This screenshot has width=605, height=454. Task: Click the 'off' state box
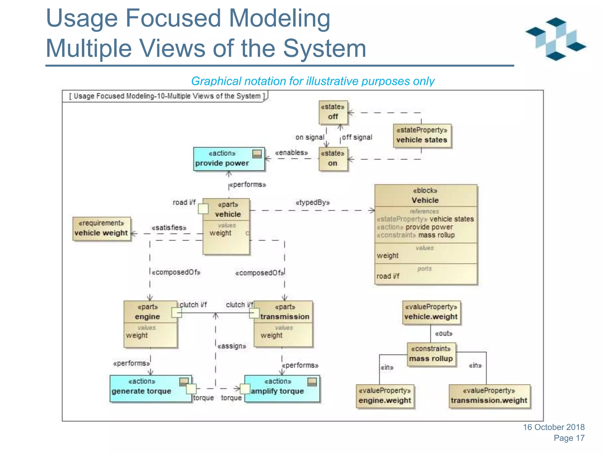tap(333, 112)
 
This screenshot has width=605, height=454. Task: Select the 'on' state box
tap(333, 159)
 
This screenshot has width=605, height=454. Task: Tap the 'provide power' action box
tap(229, 159)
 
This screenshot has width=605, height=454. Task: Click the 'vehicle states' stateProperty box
tap(422, 135)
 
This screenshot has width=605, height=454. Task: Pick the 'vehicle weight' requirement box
tap(101, 229)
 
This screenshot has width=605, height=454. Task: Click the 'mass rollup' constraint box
tap(431, 354)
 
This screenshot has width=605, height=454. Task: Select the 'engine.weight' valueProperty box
tap(385, 396)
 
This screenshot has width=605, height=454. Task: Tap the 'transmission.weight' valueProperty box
tap(489, 396)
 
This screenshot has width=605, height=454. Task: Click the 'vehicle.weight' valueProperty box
tap(431, 312)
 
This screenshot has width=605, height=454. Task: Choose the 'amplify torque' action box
tap(282, 388)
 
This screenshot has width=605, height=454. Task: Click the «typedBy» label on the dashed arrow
tap(313, 202)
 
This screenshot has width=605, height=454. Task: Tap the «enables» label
tap(291, 153)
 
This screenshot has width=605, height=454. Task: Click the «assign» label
tap(232, 346)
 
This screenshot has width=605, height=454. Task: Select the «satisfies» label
tap(169, 228)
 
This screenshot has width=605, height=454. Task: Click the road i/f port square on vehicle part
tap(203, 209)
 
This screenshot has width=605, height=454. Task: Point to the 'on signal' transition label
tap(310, 137)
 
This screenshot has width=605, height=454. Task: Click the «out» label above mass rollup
tap(443, 334)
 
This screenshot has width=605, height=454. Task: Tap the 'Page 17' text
tap(569, 438)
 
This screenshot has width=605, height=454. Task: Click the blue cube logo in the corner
tap(555, 39)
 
